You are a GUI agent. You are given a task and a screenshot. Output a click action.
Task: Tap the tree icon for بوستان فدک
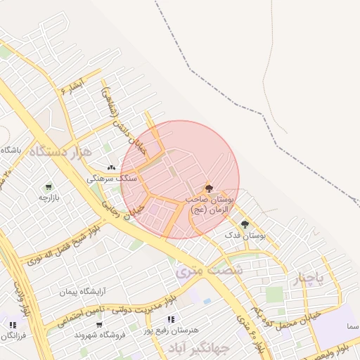click(245, 224)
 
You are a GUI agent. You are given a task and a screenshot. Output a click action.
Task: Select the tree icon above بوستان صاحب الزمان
click(208, 188)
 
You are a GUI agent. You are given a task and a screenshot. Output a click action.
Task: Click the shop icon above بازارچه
click(48, 187)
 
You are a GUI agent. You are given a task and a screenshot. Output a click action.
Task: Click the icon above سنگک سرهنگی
click(111, 168)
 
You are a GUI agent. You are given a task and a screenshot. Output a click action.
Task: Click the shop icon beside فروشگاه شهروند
click(100, 325)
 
